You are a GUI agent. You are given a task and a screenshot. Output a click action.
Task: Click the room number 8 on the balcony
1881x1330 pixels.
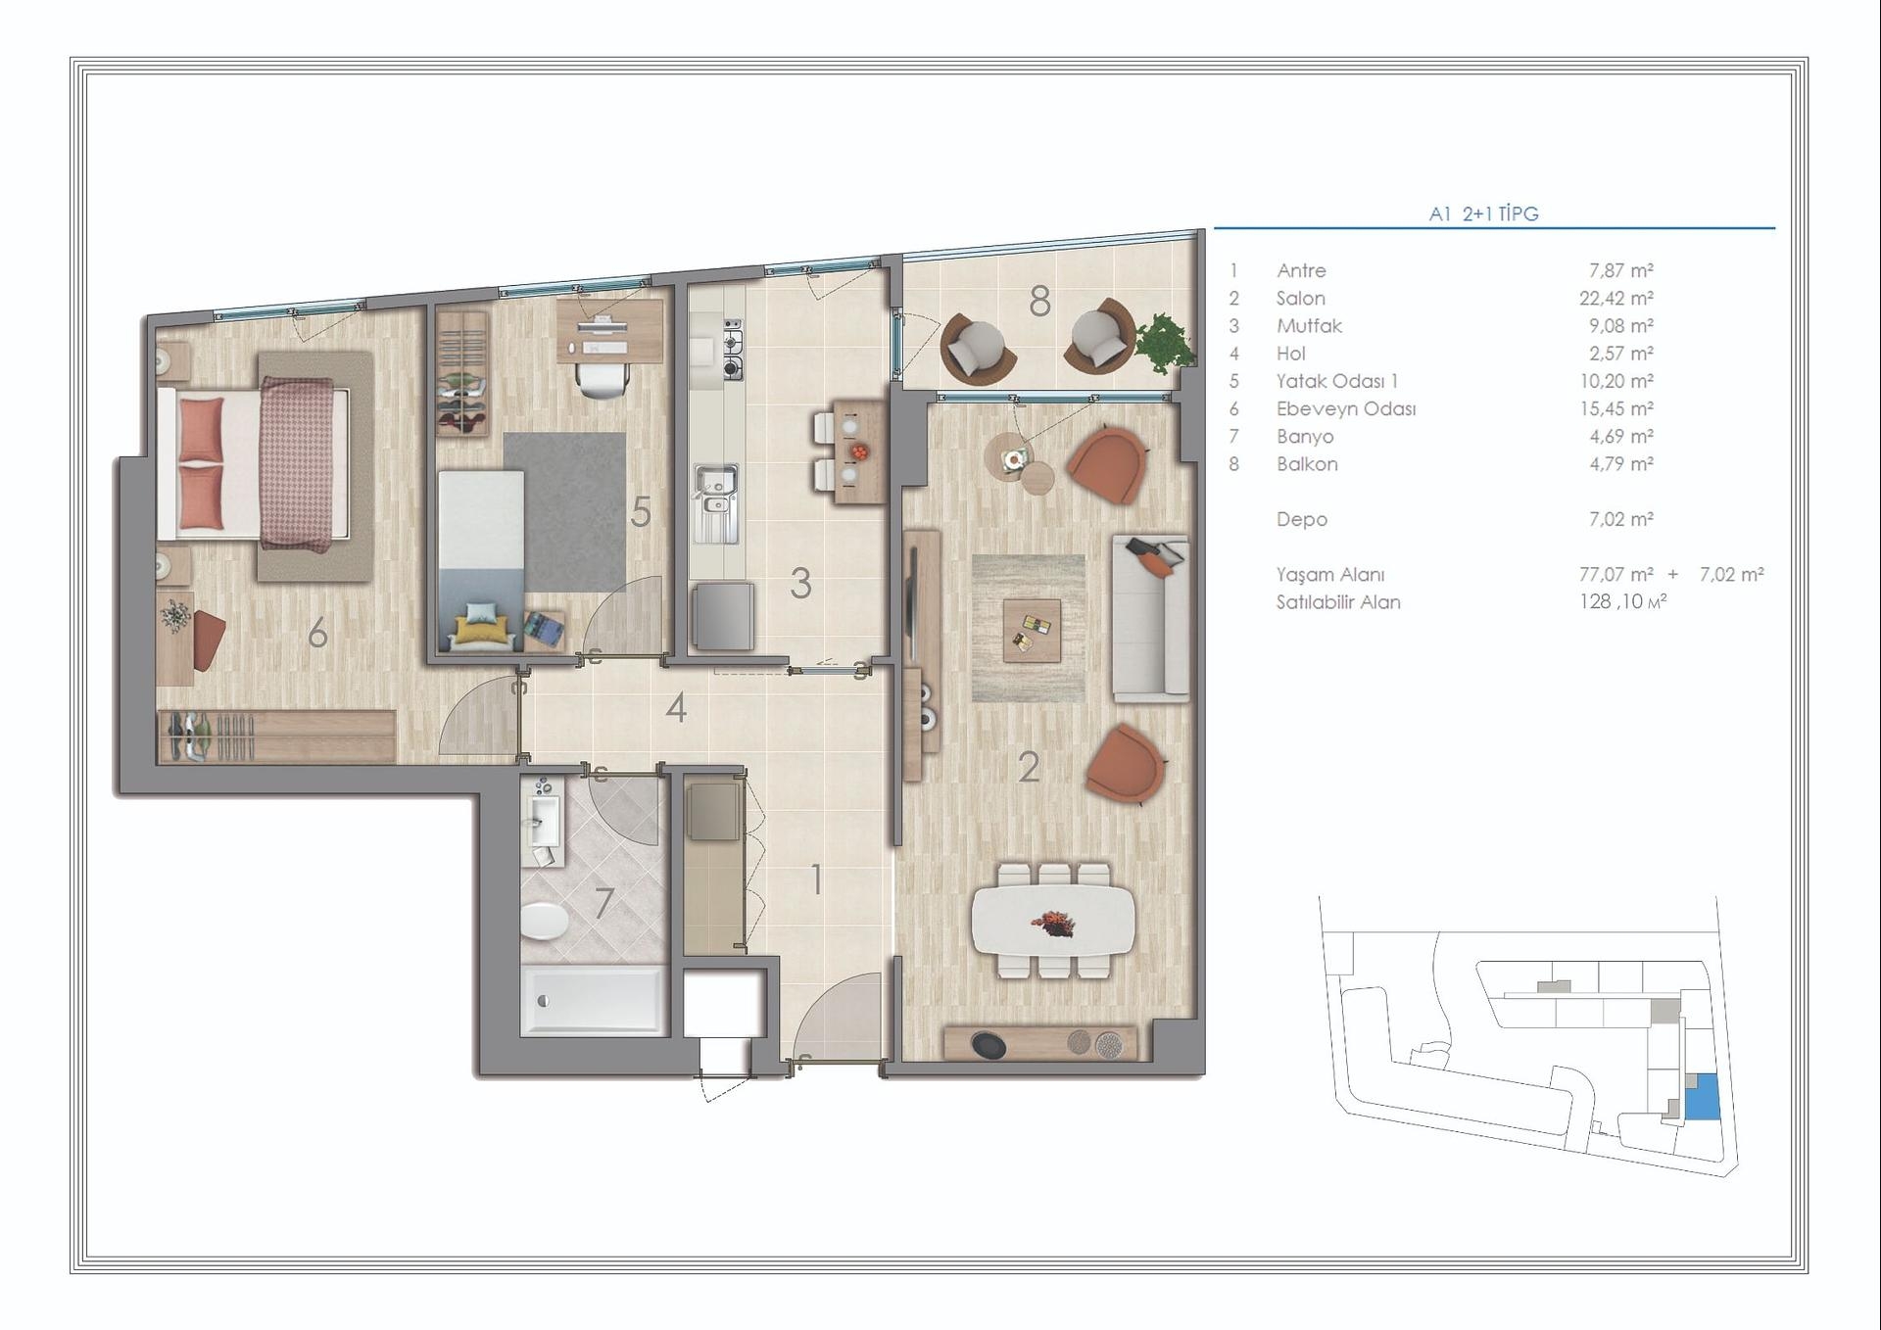(1039, 302)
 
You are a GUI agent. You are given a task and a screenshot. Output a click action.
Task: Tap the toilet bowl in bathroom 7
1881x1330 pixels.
(544, 921)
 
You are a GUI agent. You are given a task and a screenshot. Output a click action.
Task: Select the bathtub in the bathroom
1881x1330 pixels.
(593, 1000)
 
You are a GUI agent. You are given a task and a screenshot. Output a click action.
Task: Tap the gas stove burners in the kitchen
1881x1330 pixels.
(732, 349)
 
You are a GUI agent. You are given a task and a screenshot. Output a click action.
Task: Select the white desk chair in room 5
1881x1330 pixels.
(602, 379)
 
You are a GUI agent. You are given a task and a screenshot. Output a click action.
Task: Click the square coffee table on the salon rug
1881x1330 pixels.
(1032, 630)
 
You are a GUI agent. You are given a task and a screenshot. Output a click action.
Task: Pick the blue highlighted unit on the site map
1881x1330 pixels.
(1702, 1097)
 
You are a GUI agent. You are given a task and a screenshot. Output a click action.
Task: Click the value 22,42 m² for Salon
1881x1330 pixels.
(1616, 298)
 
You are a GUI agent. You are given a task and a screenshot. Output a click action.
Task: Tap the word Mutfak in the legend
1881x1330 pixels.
(1309, 326)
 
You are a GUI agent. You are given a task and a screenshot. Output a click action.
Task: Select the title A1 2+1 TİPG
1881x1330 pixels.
(1483, 214)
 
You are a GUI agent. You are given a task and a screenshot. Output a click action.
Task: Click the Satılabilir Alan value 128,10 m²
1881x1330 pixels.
(1622, 601)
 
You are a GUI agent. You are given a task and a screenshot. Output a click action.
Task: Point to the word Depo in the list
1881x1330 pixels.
(1301, 519)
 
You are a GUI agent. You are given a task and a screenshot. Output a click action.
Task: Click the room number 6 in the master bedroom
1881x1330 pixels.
(317, 634)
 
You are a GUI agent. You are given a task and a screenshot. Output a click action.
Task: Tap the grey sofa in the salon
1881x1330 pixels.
(1150, 617)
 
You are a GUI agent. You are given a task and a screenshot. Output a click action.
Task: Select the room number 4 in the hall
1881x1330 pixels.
(675, 707)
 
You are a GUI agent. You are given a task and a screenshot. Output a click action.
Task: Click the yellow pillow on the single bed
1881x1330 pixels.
(481, 629)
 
